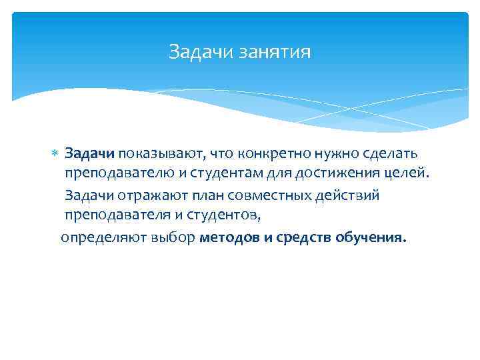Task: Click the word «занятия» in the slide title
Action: click(x=279, y=51)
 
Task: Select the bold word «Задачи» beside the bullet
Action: click(x=90, y=154)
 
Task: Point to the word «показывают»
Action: click(x=161, y=154)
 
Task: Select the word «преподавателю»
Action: click(x=111, y=175)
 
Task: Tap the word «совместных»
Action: click(x=256, y=196)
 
